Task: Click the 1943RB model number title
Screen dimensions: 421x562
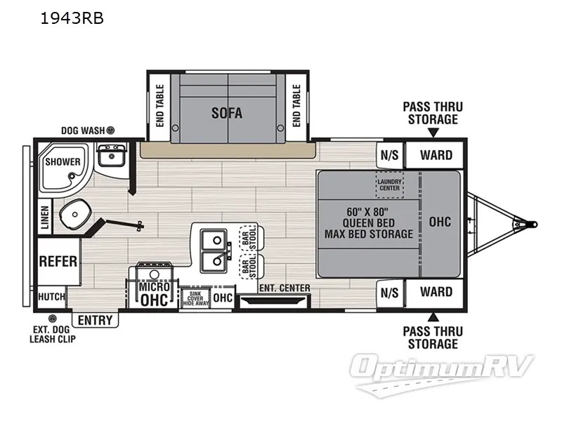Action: click(73, 19)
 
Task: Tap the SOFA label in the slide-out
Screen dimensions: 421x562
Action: click(227, 112)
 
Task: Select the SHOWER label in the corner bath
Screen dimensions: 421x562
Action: click(63, 161)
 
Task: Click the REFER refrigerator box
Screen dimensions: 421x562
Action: click(58, 261)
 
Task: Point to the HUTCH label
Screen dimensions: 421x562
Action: click(51, 297)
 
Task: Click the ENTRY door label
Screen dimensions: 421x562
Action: click(95, 320)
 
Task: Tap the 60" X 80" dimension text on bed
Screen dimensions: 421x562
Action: click(367, 210)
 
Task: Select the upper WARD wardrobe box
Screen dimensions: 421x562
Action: click(436, 154)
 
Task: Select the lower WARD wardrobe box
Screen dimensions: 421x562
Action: click(436, 291)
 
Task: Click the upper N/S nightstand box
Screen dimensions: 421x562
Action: click(388, 154)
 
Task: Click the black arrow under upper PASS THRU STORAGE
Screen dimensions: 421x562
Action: click(433, 132)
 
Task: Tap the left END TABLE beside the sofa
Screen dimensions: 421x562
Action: click(160, 106)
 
